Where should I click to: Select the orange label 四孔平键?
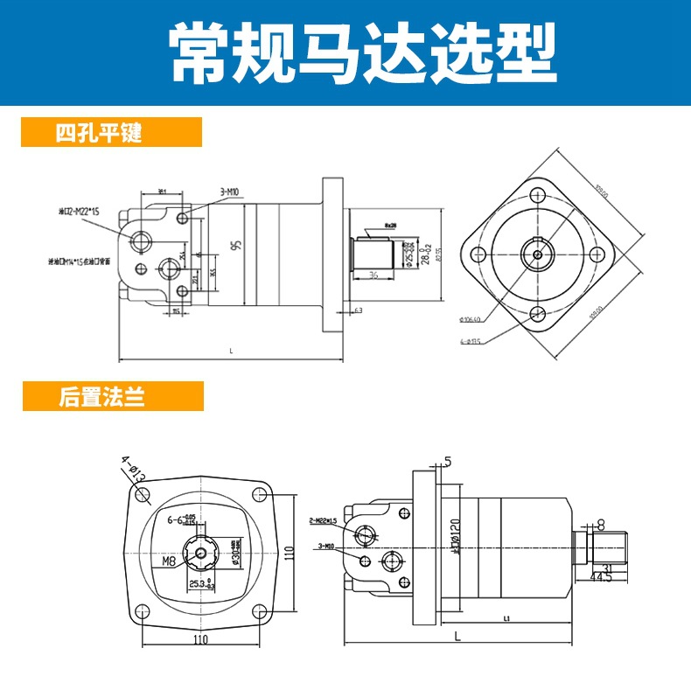click(x=98, y=134)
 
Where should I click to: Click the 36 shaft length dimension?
click(x=372, y=275)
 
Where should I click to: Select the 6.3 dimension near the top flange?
click(x=358, y=310)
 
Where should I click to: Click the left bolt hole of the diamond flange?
click(x=478, y=254)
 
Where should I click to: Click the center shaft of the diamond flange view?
click(x=537, y=254)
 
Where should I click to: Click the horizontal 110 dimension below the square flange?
click(x=201, y=641)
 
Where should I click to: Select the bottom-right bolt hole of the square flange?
click(x=259, y=610)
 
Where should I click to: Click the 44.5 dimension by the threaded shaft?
click(x=600, y=577)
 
